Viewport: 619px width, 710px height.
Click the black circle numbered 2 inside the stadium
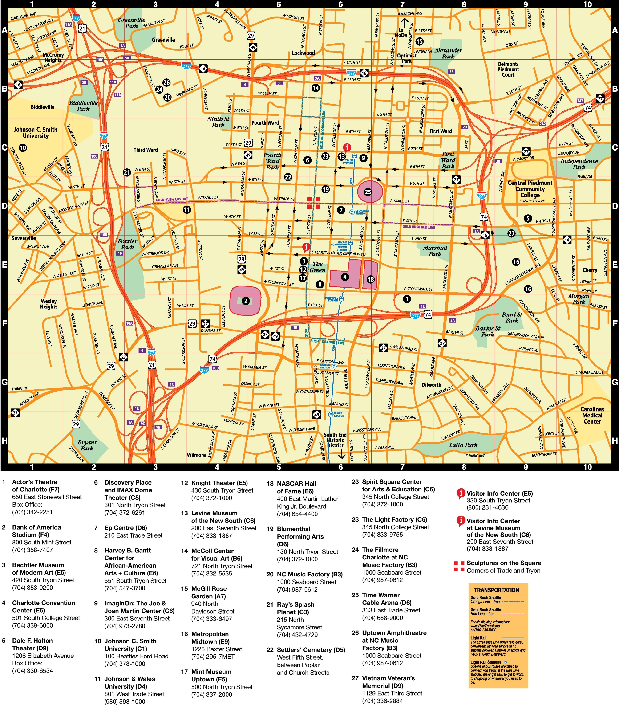[x=245, y=301]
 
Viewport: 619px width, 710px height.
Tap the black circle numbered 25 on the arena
[x=368, y=192]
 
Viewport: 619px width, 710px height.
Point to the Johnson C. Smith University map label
[x=36, y=133]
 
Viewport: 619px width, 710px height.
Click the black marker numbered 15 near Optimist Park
[x=419, y=41]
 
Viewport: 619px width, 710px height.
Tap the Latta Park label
[x=463, y=445]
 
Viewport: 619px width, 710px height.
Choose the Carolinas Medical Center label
[x=592, y=415]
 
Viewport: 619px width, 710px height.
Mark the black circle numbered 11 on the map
[x=187, y=209]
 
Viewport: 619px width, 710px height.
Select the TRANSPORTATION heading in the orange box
[x=496, y=590]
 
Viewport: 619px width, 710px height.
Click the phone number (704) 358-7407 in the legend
[x=32, y=550]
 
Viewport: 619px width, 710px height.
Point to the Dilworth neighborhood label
[x=431, y=384]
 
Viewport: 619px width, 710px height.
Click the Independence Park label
[x=579, y=164]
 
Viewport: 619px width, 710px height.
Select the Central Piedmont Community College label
[x=530, y=189]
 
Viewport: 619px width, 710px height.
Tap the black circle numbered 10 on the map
[x=23, y=148]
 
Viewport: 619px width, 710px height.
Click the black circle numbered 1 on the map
[x=407, y=299]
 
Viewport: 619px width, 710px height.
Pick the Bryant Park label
[x=87, y=445]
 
